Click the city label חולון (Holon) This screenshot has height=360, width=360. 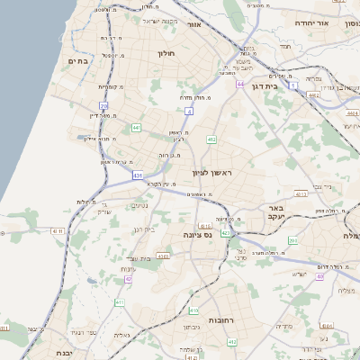(x=167, y=54)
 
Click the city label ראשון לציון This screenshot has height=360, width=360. (x=212, y=171)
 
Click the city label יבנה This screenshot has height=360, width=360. (x=64, y=353)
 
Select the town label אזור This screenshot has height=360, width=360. (x=193, y=24)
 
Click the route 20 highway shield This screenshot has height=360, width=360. (x=104, y=106)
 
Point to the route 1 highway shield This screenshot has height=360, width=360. (x=294, y=85)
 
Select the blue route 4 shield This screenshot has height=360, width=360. (x=190, y=111)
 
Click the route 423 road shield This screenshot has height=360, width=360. (x=225, y=233)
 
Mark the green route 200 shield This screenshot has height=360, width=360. (x=293, y=240)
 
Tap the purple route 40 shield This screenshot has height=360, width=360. (x=319, y=276)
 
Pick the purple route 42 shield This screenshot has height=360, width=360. (x=129, y=279)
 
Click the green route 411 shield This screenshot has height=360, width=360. (x=119, y=303)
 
